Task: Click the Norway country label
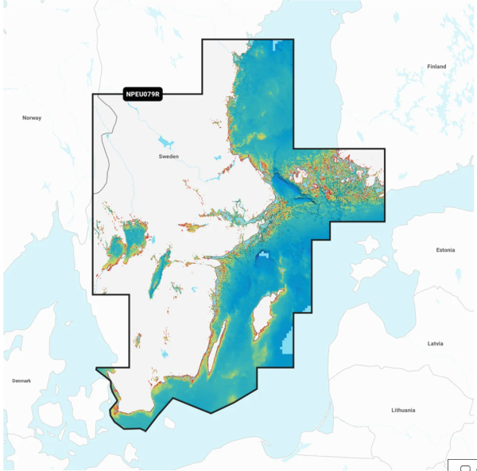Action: (32, 118)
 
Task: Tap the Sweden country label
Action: (169, 157)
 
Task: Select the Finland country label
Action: (436, 67)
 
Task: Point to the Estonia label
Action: (445, 250)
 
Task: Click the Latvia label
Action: (435, 343)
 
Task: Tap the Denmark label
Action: (21, 380)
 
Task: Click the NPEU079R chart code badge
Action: (143, 95)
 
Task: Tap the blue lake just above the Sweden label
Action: (165, 142)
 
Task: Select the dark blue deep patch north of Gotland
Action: (263, 257)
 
